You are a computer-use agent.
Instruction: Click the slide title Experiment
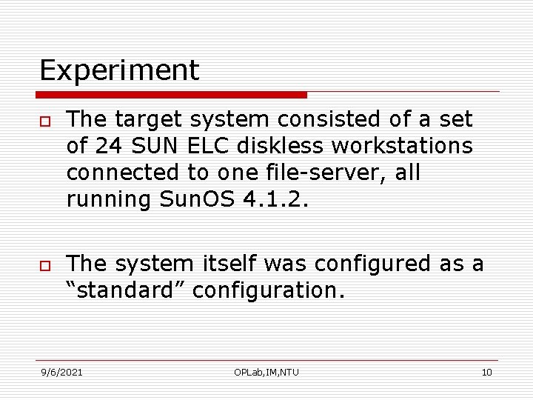(x=119, y=70)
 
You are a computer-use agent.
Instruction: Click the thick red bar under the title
(x=171, y=95)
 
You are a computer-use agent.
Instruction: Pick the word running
(x=108, y=199)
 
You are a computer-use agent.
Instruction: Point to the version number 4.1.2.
(x=274, y=199)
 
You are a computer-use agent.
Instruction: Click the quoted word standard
(x=126, y=290)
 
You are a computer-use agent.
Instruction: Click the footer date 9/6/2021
(x=61, y=372)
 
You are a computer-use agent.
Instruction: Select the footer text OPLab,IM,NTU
(x=266, y=372)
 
